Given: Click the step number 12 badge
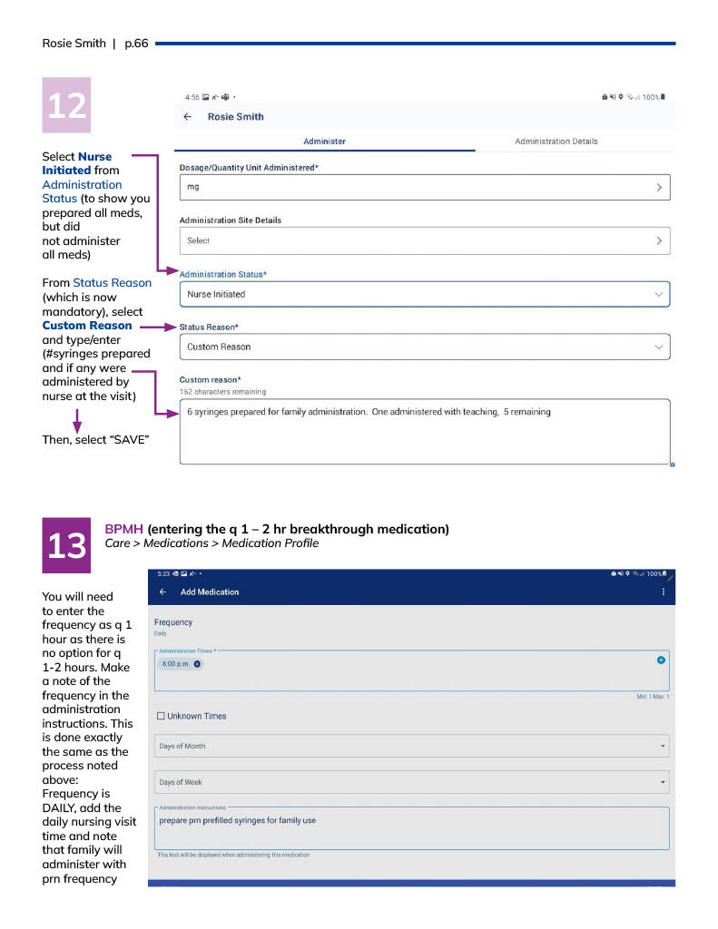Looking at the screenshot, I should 66,105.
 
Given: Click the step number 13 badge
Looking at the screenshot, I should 66,545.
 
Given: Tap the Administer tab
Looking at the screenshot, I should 324,142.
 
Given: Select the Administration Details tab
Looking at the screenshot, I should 556,142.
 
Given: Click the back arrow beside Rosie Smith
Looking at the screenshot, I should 188,117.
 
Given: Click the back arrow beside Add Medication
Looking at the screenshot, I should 163,592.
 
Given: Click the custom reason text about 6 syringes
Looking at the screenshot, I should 369,412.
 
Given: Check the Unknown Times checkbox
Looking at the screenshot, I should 161,716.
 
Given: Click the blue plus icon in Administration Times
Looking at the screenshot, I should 661,660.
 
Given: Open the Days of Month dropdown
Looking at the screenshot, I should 411,746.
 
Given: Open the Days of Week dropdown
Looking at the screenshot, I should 411,782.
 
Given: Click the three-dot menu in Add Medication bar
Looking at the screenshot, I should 663,592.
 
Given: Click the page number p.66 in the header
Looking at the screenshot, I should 135,43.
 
